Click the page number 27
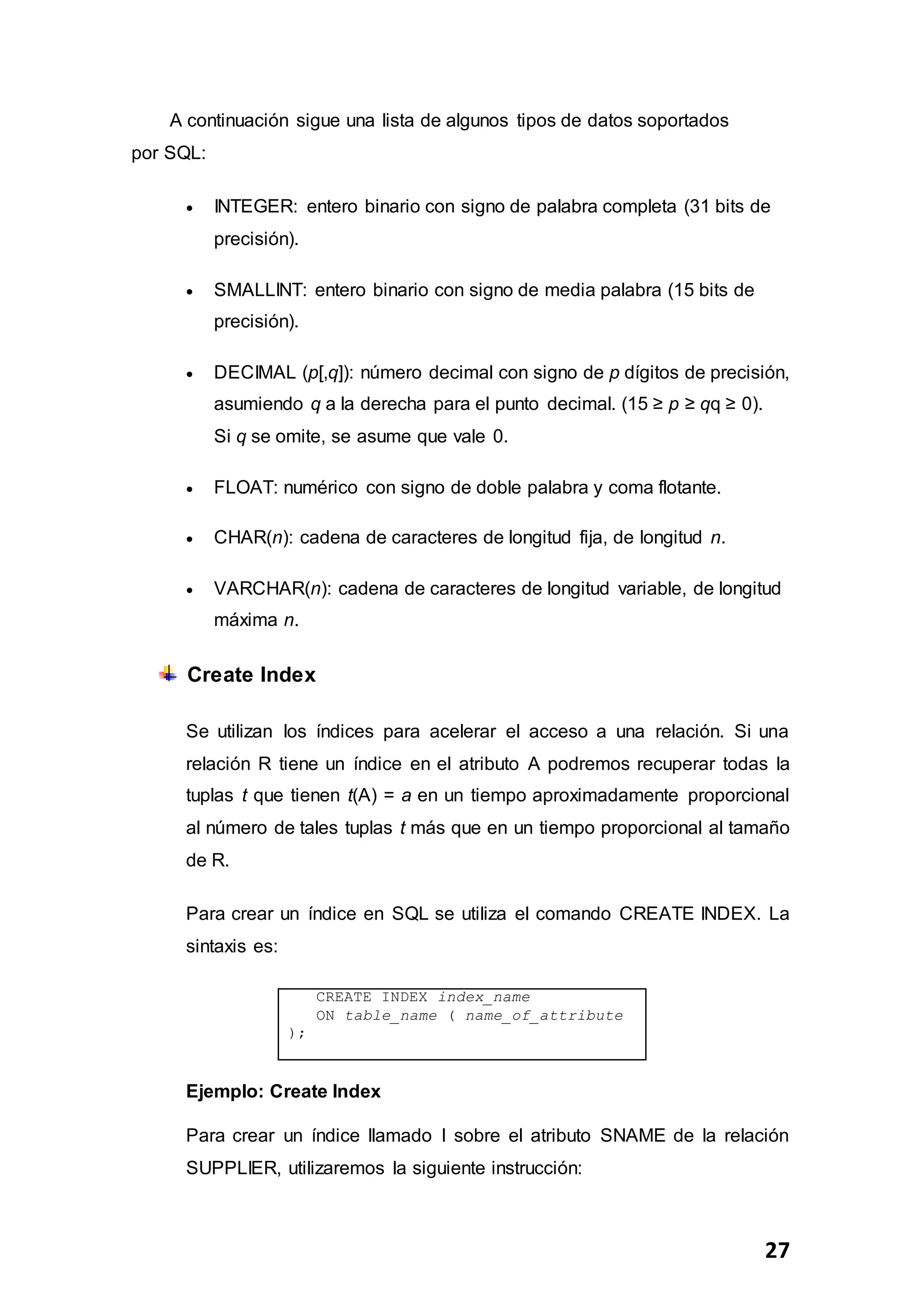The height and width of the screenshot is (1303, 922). coord(777,1250)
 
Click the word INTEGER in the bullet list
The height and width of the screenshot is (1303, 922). coord(255,207)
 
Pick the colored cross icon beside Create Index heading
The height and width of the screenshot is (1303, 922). coord(167,674)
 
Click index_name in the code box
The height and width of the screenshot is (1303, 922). coord(484,997)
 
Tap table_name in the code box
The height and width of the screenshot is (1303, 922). coord(391,1015)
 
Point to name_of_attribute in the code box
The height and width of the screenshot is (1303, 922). coord(544,1015)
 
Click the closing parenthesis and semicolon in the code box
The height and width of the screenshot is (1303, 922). coord(296,1033)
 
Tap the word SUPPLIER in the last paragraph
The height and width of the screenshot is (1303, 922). coord(233,1168)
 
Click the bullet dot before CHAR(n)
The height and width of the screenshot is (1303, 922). coord(190,539)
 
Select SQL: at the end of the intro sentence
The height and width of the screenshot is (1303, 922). coord(185,153)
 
